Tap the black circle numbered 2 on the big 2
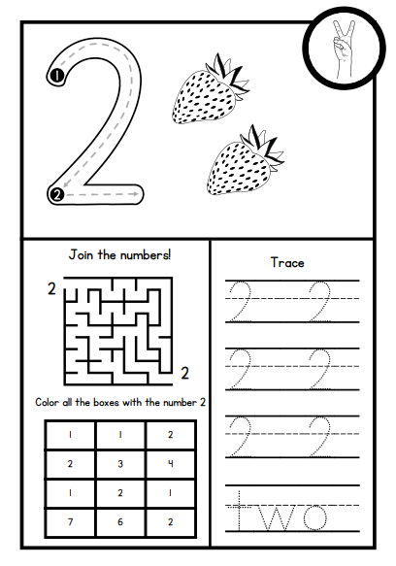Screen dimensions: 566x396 [x=56, y=195]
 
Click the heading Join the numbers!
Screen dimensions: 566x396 [x=119, y=255]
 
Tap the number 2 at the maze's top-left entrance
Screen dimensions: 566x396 [x=50, y=288]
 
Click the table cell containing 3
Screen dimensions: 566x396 [x=119, y=464]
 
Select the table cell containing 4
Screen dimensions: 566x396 [x=171, y=464]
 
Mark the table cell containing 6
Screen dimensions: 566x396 [x=119, y=520]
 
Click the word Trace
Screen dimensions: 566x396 [x=287, y=262]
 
